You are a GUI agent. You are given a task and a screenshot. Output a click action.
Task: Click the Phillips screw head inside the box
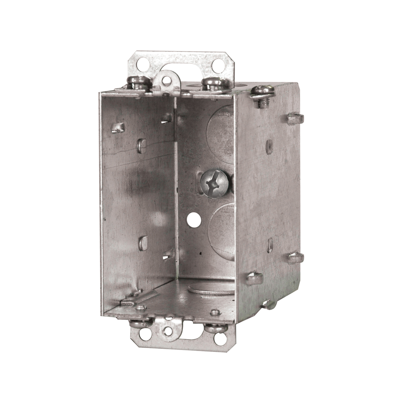click(x=215, y=184)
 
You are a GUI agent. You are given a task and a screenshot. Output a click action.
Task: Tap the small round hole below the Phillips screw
click(x=192, y=220)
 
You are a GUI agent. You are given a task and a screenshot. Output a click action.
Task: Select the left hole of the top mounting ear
click(x=142, y=63)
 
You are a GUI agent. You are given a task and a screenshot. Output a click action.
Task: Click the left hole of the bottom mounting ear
click(x=145, y=333)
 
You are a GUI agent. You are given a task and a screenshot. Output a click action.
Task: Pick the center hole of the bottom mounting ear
click(x=167, y=331)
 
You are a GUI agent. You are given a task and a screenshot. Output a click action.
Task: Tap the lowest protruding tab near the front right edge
click(x=254, y=277)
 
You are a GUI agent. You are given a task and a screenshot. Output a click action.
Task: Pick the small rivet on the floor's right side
click(x=215, y=312)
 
